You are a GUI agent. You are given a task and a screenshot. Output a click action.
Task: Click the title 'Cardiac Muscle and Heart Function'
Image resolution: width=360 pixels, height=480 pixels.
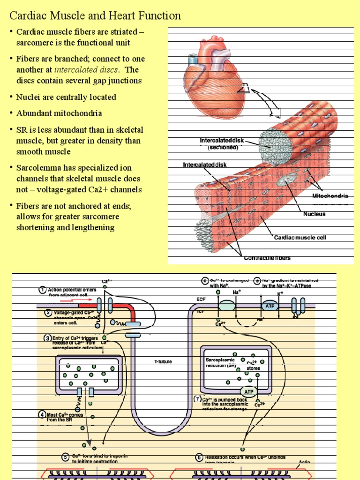click(95, 16)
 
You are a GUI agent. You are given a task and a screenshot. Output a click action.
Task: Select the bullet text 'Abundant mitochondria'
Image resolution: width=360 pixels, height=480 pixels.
click(59, 113)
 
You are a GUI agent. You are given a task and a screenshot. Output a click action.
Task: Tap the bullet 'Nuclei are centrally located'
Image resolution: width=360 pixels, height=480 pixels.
click(66, 97)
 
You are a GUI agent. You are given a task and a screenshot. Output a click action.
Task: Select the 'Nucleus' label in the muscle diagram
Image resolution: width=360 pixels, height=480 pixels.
click(314, 214)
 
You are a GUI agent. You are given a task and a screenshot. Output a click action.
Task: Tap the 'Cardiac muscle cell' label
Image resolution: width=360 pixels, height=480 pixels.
click(300, 238)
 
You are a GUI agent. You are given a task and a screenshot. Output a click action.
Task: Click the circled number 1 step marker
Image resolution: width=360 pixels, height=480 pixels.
click(42, 290)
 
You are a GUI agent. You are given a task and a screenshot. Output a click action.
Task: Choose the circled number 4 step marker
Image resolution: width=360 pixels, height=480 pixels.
click(42, 414)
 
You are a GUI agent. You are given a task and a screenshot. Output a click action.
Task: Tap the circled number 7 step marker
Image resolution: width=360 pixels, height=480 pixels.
click(197, 399)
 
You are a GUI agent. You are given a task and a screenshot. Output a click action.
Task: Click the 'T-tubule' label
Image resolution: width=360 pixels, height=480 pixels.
click(163, 362)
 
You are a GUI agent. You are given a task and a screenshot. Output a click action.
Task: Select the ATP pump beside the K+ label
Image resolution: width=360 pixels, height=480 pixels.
click(270, 305)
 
